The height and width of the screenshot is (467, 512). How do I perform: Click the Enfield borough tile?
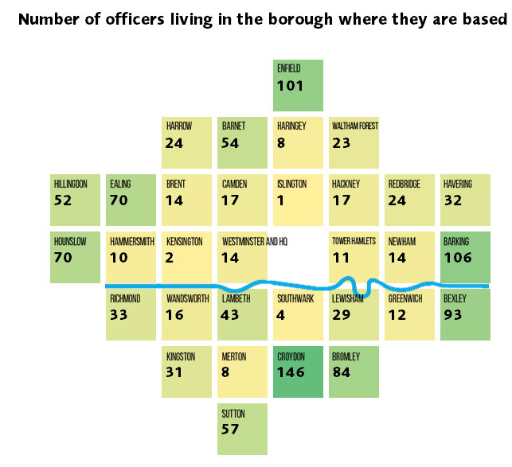[299, 85]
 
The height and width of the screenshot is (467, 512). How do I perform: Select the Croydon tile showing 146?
[299, 372]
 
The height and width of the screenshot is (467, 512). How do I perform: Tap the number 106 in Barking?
[458, 258]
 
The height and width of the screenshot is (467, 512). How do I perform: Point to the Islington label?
[291, 184]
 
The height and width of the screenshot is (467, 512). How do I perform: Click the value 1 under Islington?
[282, 200]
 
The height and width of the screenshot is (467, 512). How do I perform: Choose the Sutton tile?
[243, 429]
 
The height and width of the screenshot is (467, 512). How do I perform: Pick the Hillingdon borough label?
[71, 184]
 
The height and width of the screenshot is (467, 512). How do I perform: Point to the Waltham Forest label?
[355, 126]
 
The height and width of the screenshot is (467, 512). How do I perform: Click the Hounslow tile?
[76, 257]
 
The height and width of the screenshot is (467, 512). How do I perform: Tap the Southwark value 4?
[283, 315]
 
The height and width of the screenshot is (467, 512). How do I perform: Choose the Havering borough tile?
[466, 200]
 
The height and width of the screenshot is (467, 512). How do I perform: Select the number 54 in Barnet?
[232, 143]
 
